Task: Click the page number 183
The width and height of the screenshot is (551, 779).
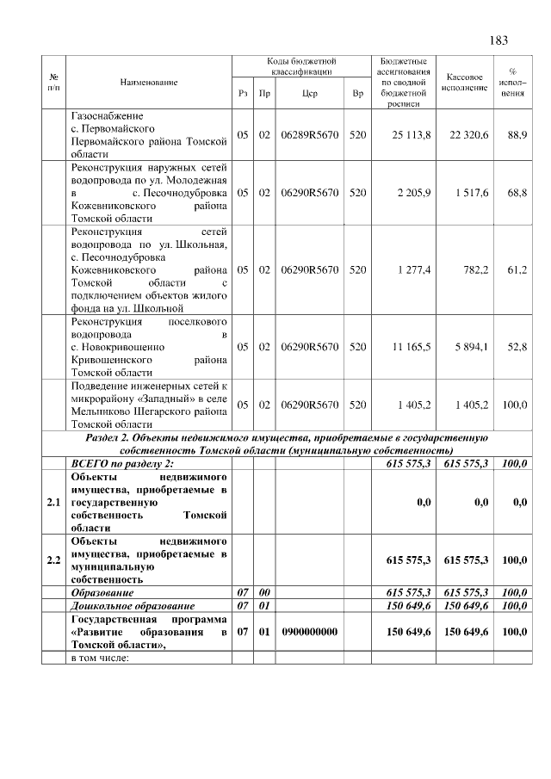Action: click(x=498, y=40)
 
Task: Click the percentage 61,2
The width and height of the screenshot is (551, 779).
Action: click(x=517, y=269)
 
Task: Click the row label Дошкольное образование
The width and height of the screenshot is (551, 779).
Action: click(x=126, y=606)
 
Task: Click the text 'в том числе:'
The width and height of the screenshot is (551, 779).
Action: click(x=100, y=658)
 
